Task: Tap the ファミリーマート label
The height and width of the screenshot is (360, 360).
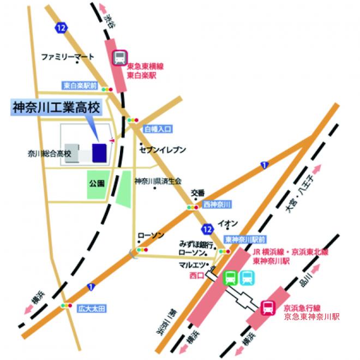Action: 68,56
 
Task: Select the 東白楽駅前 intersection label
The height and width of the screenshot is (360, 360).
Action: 80,86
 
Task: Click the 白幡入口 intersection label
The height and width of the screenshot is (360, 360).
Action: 158,130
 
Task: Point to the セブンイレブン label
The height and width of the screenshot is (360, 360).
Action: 163,149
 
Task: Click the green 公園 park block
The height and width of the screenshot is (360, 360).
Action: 97,184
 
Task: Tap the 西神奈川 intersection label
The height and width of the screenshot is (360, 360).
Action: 217,204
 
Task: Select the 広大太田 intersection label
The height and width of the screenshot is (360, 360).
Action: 90,308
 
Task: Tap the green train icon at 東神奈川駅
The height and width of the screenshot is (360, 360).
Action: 231,278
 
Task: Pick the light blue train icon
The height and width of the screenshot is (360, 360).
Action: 247,278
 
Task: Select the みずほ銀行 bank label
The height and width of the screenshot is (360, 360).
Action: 195,244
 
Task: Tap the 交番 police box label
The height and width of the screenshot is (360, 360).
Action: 197,193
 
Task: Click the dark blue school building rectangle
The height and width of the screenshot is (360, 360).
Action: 99,153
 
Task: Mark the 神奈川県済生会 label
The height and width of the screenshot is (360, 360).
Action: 158,181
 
